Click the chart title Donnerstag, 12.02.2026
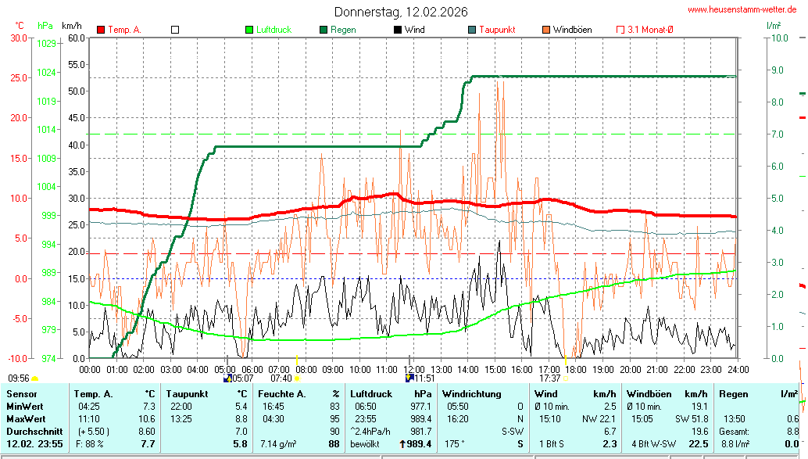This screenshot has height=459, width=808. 402,12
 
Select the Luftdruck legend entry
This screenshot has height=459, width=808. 274,30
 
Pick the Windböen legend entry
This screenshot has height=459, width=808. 572,30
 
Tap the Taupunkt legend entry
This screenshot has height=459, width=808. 496,30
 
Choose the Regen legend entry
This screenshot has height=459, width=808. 343,30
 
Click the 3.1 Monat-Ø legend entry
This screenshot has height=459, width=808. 650,30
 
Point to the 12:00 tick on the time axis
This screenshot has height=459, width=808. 414,369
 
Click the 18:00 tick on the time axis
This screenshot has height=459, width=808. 576,369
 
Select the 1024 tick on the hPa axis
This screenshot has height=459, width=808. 47,72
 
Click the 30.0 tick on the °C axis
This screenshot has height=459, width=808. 19,37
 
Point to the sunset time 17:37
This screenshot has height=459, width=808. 550,378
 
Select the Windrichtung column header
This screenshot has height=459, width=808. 472,394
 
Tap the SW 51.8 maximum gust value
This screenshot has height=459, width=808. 692,419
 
